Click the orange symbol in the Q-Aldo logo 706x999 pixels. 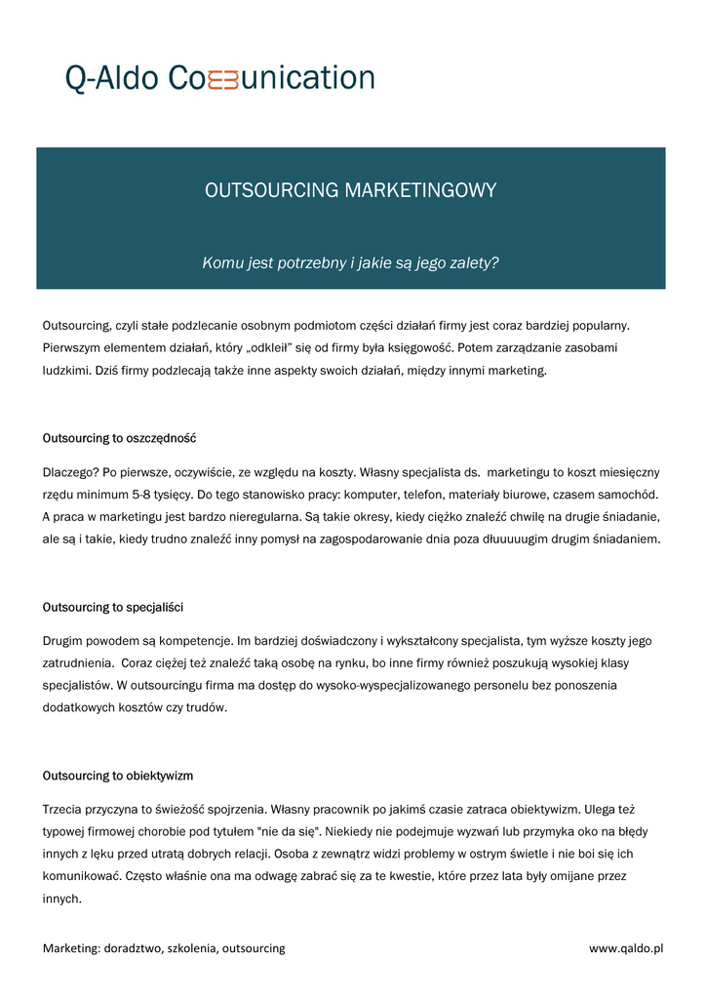223,79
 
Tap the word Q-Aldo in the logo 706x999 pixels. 111,78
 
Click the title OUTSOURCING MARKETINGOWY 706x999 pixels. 351,190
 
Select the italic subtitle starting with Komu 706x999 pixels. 351,262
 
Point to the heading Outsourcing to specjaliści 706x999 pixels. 113,607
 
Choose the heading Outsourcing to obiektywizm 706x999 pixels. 118,776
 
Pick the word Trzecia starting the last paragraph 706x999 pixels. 64,809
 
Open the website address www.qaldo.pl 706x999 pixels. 626,948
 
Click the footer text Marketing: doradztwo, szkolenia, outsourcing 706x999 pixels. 164,948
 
